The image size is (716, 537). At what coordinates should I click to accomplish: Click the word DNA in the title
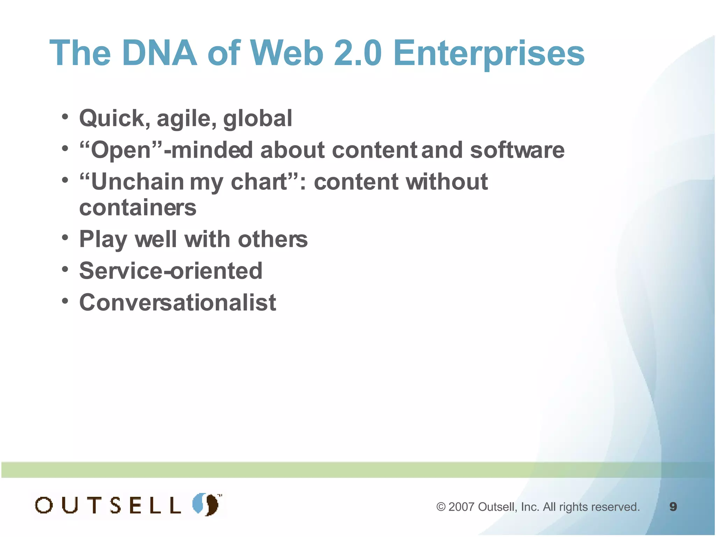coord(160,53)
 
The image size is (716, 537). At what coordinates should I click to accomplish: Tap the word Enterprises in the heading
coord(489,53)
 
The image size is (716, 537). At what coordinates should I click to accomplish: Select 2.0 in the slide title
coord(358,53)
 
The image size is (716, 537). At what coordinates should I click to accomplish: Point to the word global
coord(258,118)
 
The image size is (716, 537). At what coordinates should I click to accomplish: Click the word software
coord(517,150)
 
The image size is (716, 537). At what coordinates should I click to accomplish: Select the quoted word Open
coord(121,151)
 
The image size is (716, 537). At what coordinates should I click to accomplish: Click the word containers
coord(138,208)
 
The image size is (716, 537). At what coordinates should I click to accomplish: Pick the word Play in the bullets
coord(103,239)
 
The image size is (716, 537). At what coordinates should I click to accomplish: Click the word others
coord(273,239)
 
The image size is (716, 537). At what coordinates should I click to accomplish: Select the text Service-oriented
coord(171,271)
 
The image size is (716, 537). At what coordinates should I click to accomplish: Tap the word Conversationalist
coord(178,302)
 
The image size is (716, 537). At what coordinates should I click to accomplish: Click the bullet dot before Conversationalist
coord(65,301)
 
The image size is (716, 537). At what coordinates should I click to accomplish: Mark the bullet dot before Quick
coord(65,117)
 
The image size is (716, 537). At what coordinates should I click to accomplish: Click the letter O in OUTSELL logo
coord(44,506)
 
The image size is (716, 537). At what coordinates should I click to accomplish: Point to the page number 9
coord(673,507)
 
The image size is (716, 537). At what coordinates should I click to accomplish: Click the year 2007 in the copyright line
coord(461,507)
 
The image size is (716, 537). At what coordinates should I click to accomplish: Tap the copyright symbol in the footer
coord(441,507)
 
